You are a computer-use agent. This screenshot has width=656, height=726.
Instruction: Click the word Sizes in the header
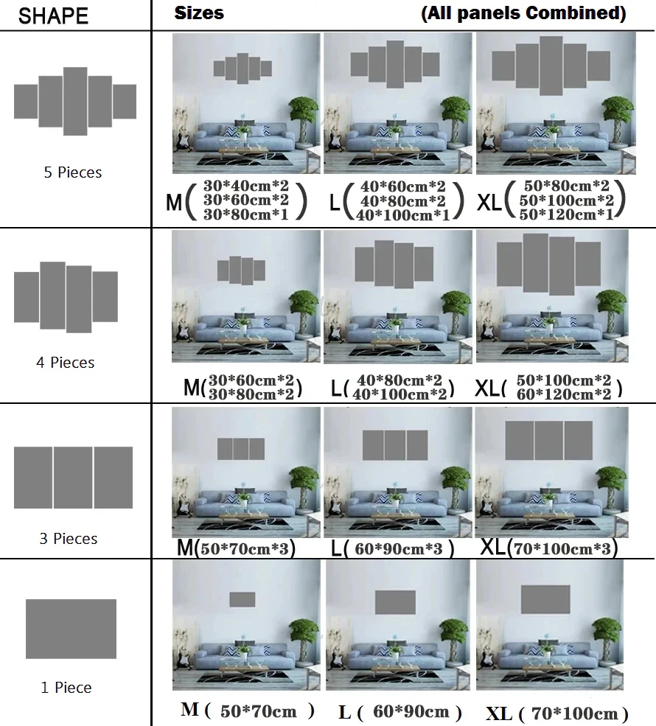pos(199,13)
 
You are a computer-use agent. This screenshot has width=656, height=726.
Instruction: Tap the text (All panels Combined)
pos(523,13)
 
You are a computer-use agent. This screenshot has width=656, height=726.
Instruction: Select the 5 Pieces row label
pos(72,172)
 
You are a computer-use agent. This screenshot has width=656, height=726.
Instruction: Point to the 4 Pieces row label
pos(65,363)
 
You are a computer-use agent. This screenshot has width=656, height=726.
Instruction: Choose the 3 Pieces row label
pos(68,539)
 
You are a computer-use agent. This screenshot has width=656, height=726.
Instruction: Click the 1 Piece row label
pos(66,688)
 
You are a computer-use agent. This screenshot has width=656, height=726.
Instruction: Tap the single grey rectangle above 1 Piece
pos(71,629)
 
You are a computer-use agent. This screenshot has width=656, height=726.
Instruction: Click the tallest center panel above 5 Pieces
pos(75,101)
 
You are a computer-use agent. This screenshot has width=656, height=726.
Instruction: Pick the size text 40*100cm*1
pos(401,214)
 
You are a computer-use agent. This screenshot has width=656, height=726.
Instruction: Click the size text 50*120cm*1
pos(565,214)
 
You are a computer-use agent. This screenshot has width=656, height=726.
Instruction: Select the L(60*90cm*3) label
pos(392,549)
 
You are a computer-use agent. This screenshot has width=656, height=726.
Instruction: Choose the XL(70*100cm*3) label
pos(548,549)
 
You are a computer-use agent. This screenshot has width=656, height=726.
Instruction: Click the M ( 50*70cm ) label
pos(248,711)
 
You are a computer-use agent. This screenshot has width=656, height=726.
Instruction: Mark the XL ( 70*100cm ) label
pos(557,713)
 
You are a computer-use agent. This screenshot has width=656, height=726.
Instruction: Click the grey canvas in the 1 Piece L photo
pos(395,602)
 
